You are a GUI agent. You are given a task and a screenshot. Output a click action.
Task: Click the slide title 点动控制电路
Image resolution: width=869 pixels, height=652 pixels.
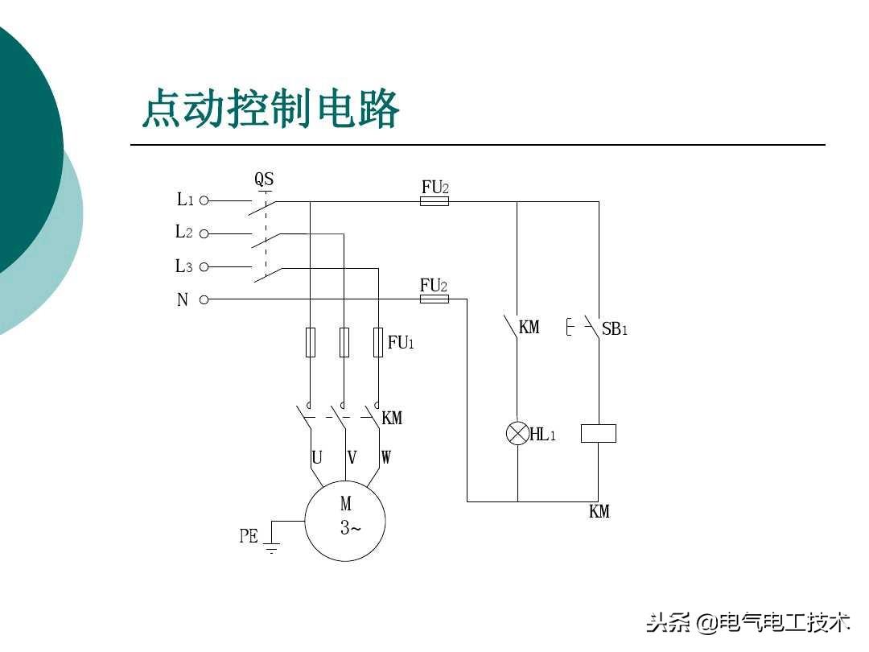(270, 108)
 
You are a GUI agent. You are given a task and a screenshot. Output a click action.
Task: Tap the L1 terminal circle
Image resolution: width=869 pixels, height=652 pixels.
(204, 200)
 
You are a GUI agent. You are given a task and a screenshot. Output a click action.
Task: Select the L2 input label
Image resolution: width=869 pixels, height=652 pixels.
(184, 232)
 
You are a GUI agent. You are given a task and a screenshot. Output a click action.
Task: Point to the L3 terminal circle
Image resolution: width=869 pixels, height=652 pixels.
(204, 267)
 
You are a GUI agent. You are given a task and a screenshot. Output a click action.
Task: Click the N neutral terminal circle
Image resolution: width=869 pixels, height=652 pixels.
(204, 300)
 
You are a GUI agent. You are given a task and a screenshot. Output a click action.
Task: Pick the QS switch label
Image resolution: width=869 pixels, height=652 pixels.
(264, 179)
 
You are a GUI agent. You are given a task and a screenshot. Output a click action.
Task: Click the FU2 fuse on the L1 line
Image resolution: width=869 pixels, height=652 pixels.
(434, 201)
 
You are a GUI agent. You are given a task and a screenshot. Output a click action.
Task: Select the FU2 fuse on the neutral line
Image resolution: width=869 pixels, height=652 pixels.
(434, 299)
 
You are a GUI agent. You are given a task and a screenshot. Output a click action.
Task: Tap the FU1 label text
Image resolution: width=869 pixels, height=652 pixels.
(401, 342)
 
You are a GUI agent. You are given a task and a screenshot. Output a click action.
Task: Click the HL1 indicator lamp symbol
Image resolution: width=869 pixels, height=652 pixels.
(517, 433)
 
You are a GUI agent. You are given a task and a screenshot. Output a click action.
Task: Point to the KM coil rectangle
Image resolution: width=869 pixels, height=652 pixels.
(599, 433)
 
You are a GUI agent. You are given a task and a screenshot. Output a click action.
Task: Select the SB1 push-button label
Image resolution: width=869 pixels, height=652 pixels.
(615, 329)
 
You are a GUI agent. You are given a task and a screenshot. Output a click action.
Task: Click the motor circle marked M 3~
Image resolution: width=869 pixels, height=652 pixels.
(344, 521)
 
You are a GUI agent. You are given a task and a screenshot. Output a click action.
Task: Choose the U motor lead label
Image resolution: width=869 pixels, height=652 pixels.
(317, 457)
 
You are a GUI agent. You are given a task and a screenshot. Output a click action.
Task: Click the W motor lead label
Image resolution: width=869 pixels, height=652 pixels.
(385, 457)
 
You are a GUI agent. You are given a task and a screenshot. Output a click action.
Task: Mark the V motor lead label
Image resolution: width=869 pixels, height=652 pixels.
(352, 457)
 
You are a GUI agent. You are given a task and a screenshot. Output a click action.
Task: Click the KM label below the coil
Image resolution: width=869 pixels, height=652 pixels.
(599, 511)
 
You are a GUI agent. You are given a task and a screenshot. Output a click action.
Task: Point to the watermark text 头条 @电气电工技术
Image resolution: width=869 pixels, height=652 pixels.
(748, 622)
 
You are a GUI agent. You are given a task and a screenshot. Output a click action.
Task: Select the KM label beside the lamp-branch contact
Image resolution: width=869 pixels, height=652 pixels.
(529, 327)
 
